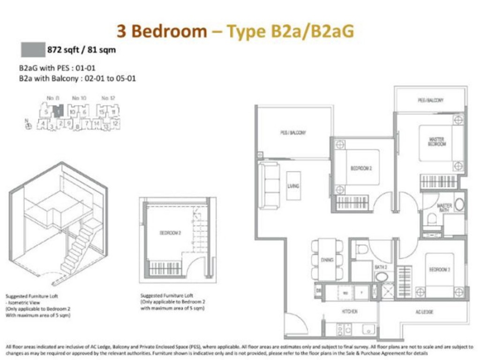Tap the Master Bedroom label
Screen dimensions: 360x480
click(437, 142)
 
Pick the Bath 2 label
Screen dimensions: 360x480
click(380, 267)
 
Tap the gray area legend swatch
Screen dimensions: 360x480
click(32, 49)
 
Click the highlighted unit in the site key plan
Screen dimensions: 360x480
click(57, 112)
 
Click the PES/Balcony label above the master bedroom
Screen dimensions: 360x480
click(430, 100)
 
